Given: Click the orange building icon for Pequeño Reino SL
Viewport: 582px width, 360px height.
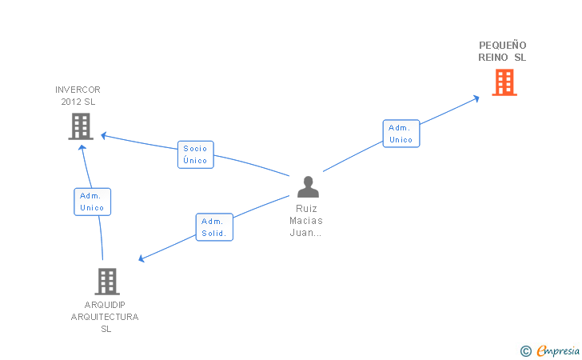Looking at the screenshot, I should (x=504, y=82).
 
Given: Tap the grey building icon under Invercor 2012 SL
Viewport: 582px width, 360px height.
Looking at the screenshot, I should (x=81, y=126).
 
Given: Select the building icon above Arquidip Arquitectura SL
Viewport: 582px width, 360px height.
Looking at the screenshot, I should (x=107, y=282).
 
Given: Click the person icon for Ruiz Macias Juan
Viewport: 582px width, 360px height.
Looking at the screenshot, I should (x=308, y=186).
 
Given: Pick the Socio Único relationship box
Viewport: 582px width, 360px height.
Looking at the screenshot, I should (x=195, y=154).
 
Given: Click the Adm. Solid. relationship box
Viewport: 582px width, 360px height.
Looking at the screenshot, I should (x=214, y=227).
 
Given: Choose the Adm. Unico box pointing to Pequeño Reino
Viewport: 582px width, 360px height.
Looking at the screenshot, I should (x=401, y=134).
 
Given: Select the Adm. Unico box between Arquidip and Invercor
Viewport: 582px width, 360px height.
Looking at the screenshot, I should (x=92, y=202).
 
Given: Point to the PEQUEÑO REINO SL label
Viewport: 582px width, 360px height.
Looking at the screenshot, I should (x=503, y=51).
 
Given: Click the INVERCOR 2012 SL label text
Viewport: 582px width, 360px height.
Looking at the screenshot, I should (x=78, y=95).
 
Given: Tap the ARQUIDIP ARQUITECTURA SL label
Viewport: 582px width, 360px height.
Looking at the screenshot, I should (x=105, y=317).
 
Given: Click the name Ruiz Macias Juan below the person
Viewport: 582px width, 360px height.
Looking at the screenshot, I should (x=307, y=221).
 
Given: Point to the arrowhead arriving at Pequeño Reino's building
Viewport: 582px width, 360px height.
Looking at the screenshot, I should (x=476, y=98).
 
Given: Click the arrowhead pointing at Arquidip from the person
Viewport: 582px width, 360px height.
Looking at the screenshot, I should (x=142, y=258).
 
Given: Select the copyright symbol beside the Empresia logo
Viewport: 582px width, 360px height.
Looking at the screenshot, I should (x=525, y=350).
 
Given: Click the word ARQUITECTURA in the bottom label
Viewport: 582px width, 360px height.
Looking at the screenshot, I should (x=105, y=317).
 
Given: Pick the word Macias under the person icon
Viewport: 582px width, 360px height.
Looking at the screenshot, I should (x=307, y=221).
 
